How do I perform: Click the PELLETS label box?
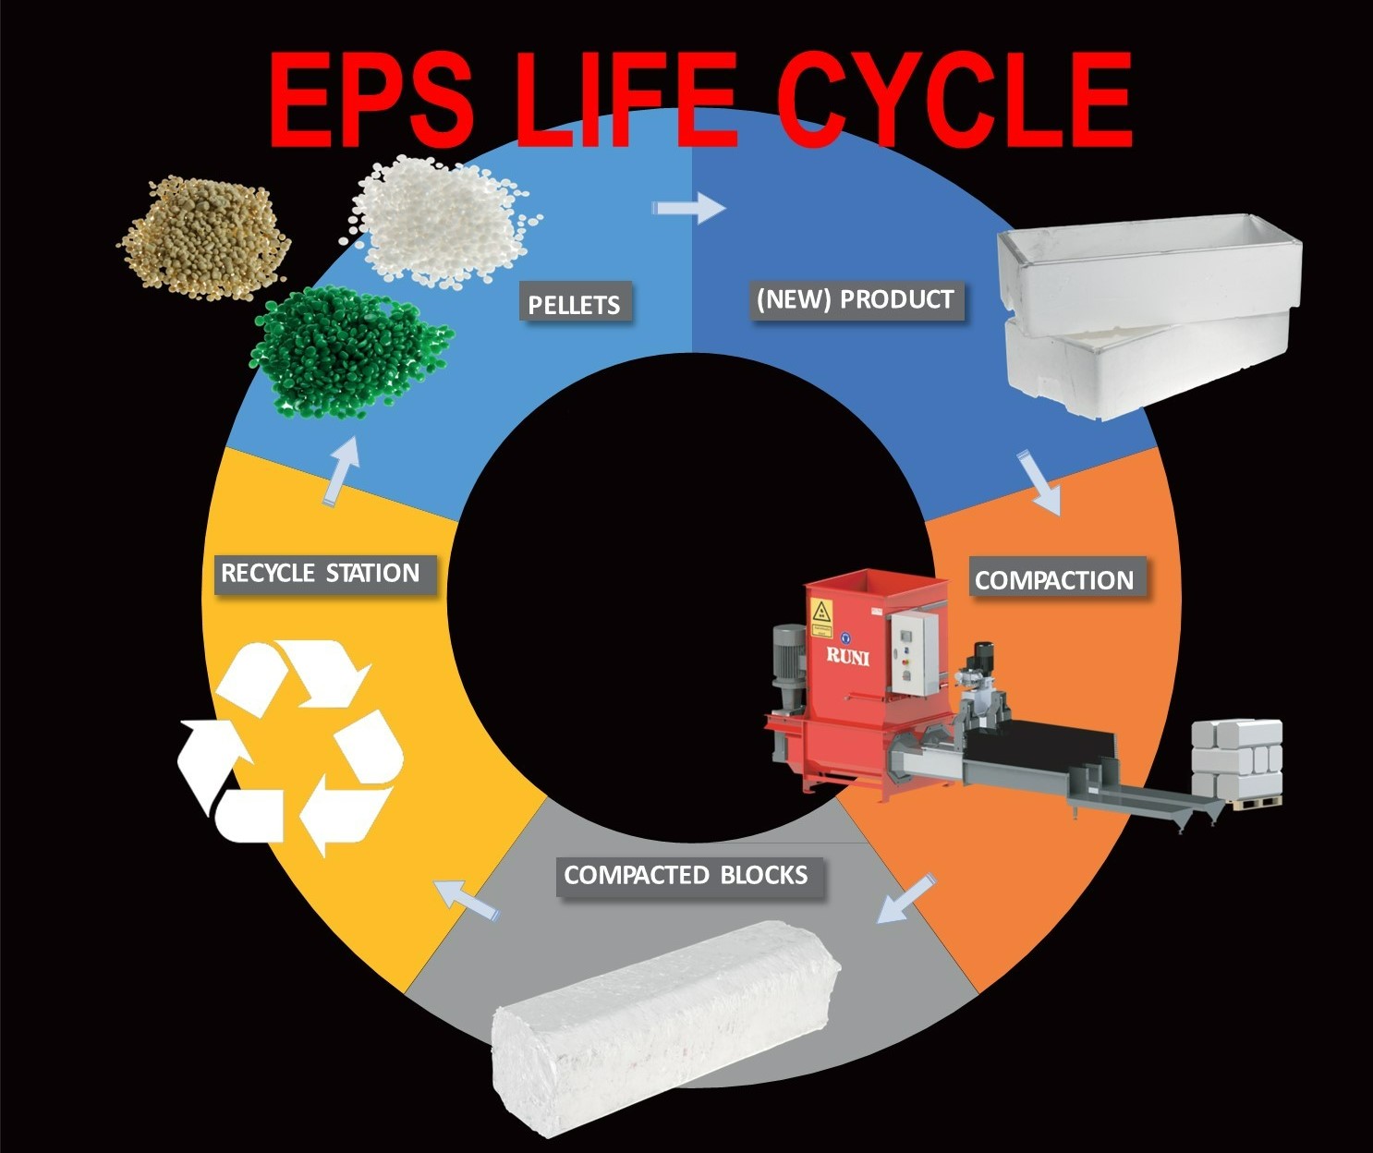click(x=574, y=304)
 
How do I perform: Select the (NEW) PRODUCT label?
click(x=855, y=300)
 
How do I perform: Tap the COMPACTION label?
click(x=1054, y=580)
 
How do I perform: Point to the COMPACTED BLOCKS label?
click(x=686, y=875)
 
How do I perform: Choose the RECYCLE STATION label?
click(x=320, y=573)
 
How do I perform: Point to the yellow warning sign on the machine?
click(x=820, y=612)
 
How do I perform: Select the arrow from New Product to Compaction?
click(x=1041, y=481)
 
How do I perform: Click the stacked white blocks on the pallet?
click(x=1236, y=759)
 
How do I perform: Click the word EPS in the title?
click(x=369, y=97)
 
